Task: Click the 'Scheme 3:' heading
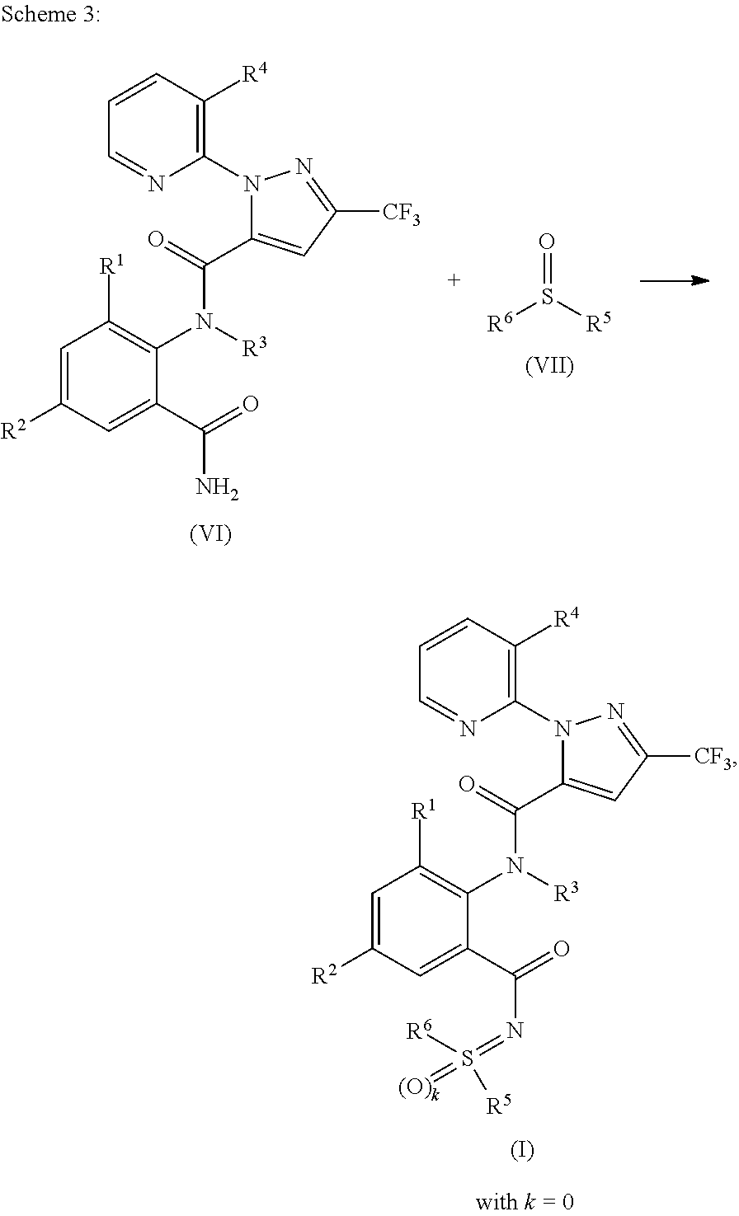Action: tap(50, 17)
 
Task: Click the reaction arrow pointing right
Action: tap(675, 281)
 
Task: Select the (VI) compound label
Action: tap(210, 534)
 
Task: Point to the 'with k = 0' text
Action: tap(524, 1201)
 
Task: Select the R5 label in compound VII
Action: tap(598, 322)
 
